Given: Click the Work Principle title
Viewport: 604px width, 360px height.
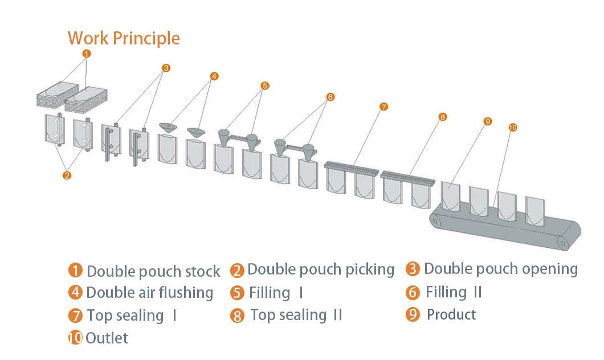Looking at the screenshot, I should tap(124, 38).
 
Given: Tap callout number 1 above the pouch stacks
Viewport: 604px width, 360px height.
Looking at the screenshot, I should tap(86, 54).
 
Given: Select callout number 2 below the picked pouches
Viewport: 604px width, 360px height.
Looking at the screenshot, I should tap(67, 175).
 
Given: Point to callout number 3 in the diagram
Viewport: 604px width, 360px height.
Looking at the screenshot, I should tap(166, 68).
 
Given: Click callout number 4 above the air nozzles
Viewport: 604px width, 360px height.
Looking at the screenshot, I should tap(214, 76).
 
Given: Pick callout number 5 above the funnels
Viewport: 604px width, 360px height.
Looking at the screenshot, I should tap(264, 86).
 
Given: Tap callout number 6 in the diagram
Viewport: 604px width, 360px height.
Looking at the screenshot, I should tap(330, 97).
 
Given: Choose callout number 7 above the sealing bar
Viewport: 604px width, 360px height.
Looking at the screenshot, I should tap(383, 107).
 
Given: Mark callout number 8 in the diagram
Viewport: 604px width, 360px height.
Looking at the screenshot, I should tap(443, 117).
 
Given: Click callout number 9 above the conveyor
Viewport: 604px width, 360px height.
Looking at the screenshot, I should tap(487, 121).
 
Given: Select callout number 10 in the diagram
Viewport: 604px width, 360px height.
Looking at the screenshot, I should tap(512, 128).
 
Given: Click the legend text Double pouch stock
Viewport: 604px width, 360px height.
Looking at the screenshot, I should tap(153, 271).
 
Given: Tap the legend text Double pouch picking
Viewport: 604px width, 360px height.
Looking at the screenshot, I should tap(321, 269).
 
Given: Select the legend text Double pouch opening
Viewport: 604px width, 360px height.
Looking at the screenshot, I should tap(501, 269).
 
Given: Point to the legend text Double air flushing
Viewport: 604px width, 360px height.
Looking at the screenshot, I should tap(150, 293).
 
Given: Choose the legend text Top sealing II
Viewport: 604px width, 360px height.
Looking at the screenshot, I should tap(296, 315).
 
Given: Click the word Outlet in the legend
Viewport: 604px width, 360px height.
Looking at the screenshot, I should tap(107, 338).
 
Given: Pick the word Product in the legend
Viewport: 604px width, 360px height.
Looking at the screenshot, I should tap(451, 314).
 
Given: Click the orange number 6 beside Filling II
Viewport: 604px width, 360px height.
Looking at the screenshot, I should tap(413, 293).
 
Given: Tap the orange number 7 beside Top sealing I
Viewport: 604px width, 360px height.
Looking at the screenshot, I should tap(75, 316).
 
